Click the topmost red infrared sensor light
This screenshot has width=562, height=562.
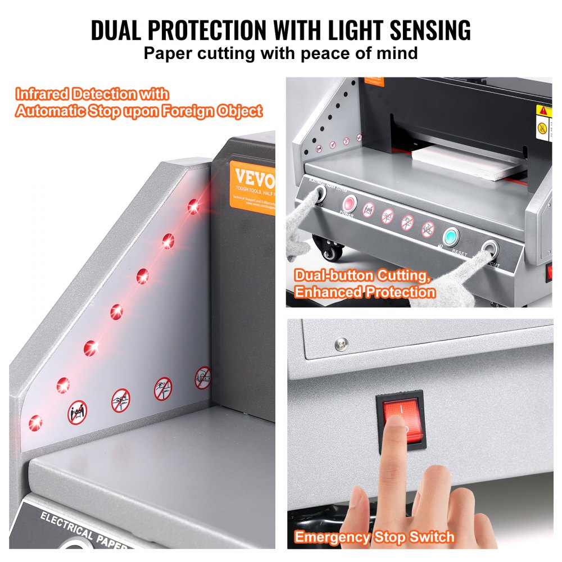(x=194, y=207)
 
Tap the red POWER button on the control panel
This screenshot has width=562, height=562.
(x=351, y=204)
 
